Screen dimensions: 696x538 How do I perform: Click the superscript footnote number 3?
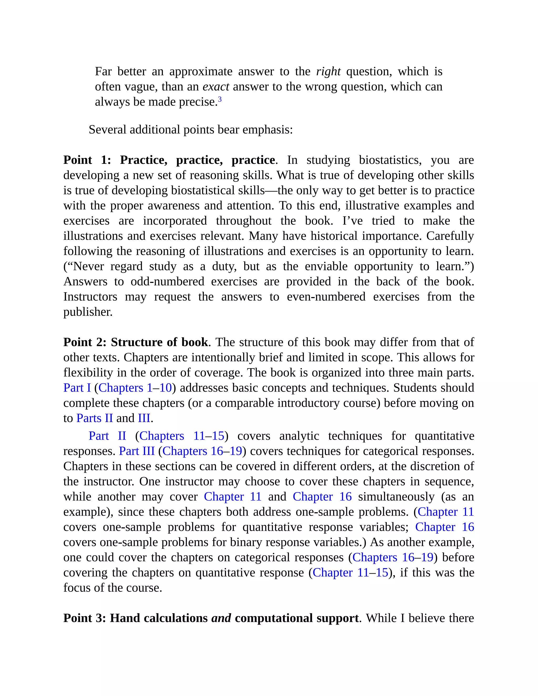coord(220,100)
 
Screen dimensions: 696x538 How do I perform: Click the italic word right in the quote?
coord(328,71)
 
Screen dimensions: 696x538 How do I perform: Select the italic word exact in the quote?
coord(216,87)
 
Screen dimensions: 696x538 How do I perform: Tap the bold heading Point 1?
coord(87,160)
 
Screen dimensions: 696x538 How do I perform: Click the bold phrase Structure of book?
coord(159,342)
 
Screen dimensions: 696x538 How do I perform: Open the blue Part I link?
coord(77,388)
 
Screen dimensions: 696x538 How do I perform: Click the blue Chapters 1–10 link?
coord(135,388)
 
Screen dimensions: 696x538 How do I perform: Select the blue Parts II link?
coord(95,418)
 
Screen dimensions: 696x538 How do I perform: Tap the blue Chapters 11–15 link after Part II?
coord(182,436)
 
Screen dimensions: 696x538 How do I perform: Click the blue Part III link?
coord(137,451)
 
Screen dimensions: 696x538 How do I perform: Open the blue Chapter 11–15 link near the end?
coord(350,573)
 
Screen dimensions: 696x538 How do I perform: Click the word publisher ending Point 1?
coord(88,312)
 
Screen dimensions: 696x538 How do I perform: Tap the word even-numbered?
coord(326,297)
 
